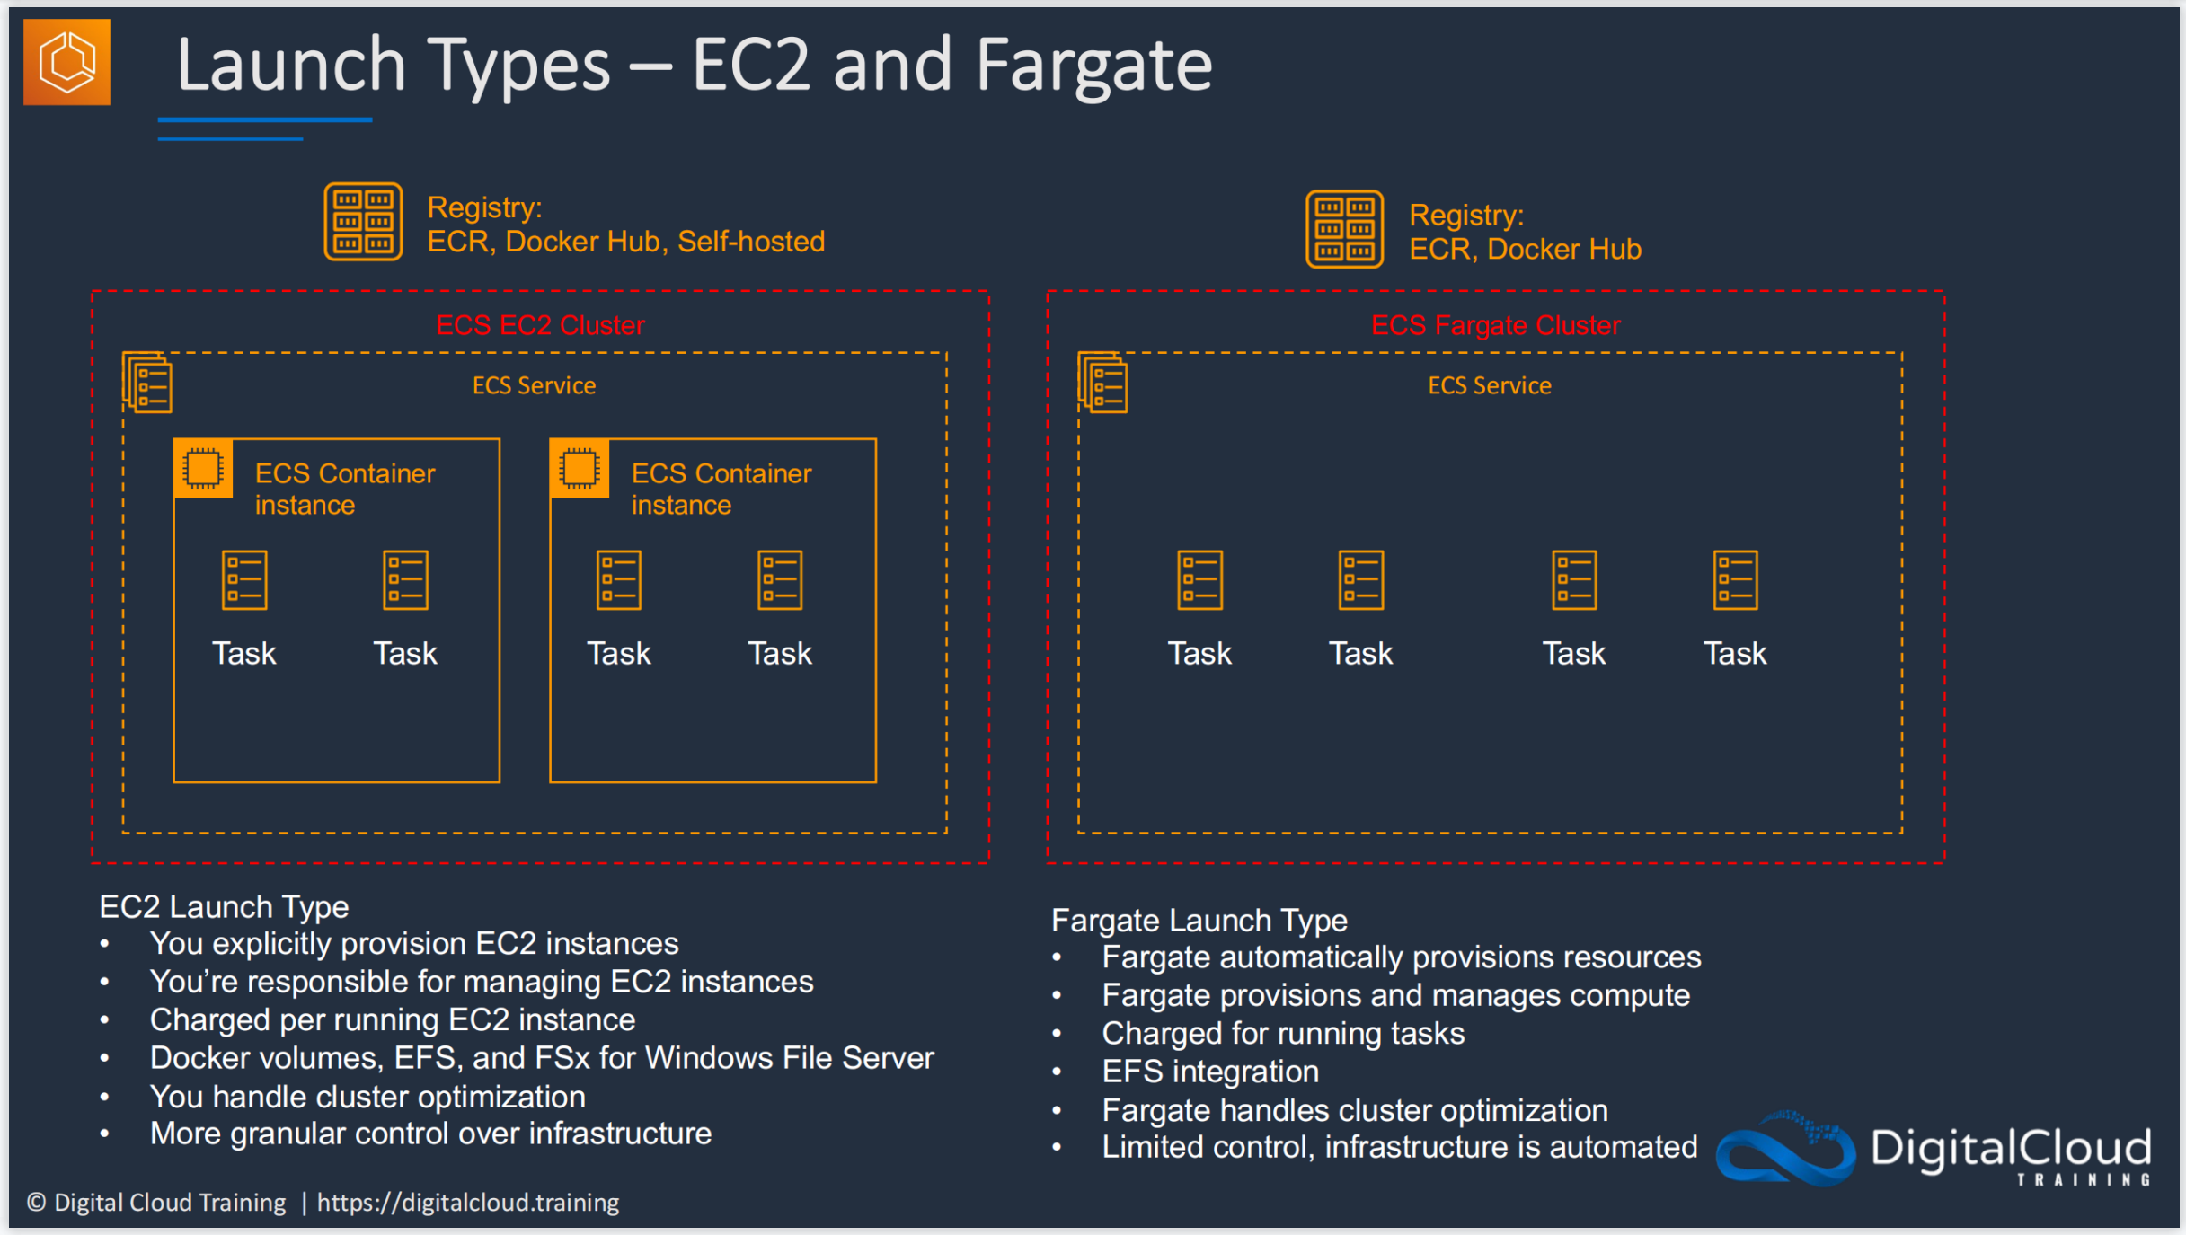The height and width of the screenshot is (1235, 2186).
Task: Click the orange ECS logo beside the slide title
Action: point(66,62)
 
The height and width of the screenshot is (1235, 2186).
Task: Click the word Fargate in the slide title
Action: point(1093,67)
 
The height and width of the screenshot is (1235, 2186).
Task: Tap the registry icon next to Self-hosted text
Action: point(363,222)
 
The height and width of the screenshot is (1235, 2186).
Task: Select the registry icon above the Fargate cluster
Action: point(1344,229)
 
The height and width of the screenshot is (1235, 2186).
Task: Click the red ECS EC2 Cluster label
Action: point(540,325)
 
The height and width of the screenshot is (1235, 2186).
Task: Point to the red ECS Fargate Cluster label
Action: point(1496,325)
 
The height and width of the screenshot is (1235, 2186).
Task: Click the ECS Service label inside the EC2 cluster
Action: point(535,385)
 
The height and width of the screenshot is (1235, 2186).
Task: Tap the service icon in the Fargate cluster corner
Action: point(1102,383)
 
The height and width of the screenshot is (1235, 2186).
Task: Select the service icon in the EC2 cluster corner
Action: point(147,383)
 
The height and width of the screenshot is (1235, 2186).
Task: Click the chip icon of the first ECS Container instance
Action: point(203,469)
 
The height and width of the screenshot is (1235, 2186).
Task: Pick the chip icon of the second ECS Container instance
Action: point(580,469)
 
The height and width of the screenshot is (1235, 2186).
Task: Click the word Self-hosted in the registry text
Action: point(751,242)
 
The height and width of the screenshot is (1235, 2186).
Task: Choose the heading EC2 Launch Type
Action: point(224,907)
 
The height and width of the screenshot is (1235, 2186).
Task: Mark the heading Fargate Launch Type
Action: point(1199,921)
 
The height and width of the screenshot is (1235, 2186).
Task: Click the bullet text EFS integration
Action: point(1210,1072)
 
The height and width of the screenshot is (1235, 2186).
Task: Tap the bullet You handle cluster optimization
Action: point(367,1097)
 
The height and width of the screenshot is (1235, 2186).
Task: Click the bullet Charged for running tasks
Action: point(1283,1034)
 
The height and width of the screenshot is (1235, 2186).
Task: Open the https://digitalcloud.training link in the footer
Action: point(468,1203)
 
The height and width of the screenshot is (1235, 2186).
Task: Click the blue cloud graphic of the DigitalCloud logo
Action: point(1785,1149)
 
